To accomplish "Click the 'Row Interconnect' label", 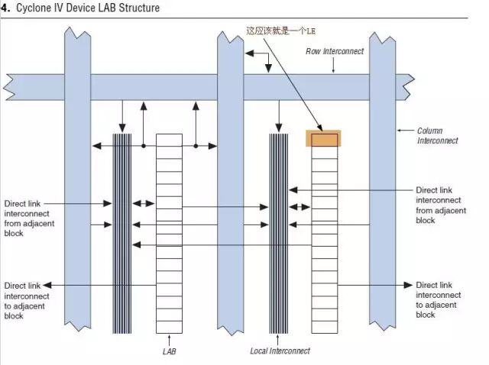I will pos(335,51).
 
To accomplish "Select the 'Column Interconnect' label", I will pos(438,136).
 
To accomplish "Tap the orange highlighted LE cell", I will pos(323,139).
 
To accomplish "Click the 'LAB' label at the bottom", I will pos(170,351).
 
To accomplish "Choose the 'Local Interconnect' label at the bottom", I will pos(280,351).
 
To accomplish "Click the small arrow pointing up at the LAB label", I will pos(169,338).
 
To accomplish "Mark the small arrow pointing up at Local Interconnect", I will pos(280,338).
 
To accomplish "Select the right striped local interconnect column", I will pos(279,233).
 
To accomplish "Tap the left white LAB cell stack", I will pos(169,233).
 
